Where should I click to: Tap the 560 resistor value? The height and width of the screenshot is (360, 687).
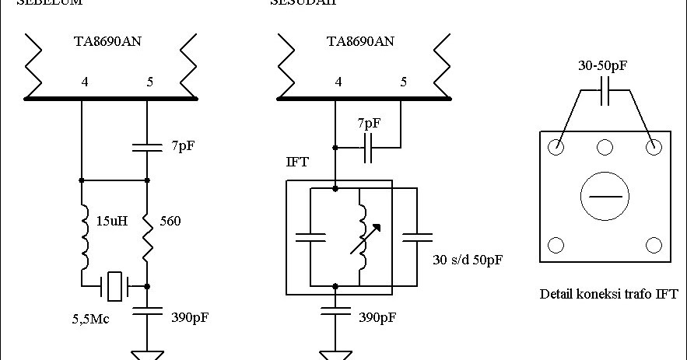pyautogui.click(x=170, y=222)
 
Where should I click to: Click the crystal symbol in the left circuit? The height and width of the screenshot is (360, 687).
pyautogui.click(x=115, y=286)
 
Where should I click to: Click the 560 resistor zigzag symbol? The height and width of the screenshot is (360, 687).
pyautogui.click(x=147, y=237)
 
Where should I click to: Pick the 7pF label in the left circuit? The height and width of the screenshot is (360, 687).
pyautogui.click(x=182, y=145)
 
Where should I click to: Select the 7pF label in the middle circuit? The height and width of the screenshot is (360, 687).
pyautogui.click(x=369, y=124)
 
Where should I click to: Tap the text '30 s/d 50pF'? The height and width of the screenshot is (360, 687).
pyautogui.click(x=467, y=259)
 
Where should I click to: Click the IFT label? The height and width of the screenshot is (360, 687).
pyautogui.click(x=298, y=163)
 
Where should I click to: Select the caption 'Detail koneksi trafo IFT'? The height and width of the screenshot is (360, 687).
pyautogui.click(x=608, y=294)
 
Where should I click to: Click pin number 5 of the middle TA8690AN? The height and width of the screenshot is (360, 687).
pyautogui.click(x=402, y=80)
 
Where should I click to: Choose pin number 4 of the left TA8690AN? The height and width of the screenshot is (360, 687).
pyautogui.click(x=85, y=80)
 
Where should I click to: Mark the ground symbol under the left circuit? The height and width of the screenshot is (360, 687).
pyautogui.click(x=147, y=355)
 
